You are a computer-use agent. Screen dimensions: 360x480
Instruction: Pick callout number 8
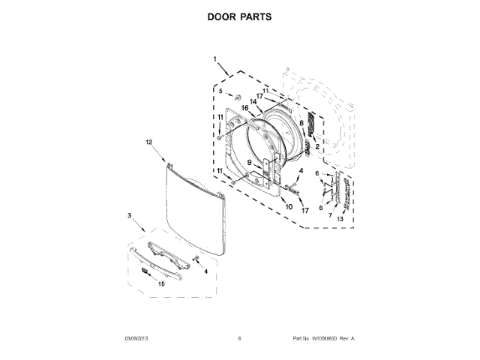(301, 122)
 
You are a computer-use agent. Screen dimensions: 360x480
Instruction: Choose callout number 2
(317, 146)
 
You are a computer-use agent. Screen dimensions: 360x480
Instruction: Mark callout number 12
(148, 142)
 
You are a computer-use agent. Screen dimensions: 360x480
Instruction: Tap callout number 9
(249, 162)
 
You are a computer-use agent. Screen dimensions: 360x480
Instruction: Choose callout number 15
(160, 283)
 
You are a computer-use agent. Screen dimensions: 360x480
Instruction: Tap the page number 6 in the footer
(238, 339)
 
